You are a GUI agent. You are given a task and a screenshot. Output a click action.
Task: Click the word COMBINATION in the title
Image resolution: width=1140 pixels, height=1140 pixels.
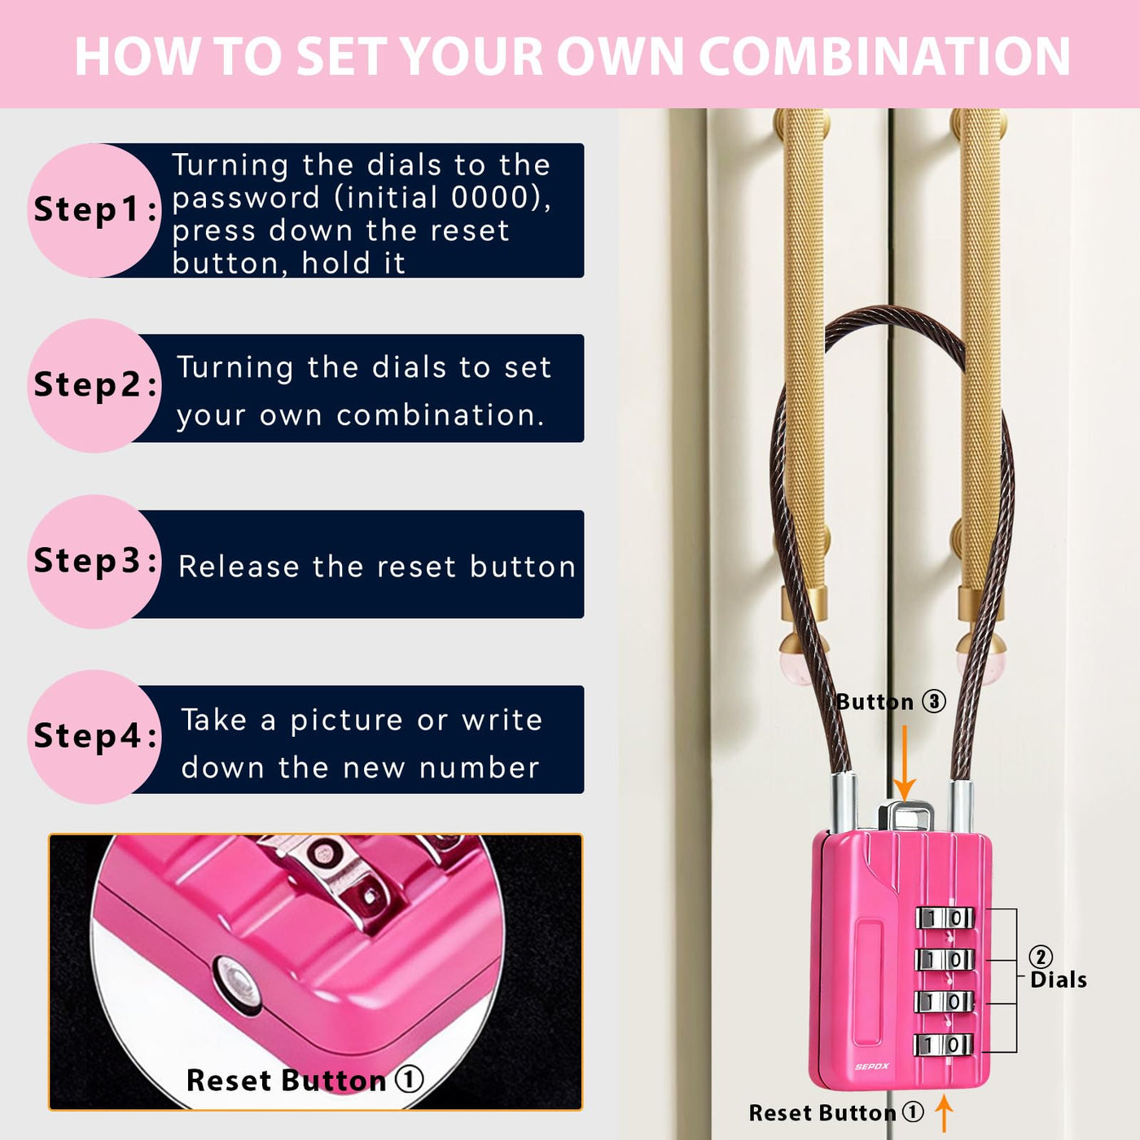click(884, 56)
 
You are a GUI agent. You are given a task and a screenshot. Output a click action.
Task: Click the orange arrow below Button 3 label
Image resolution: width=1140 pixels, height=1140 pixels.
click(905, 763)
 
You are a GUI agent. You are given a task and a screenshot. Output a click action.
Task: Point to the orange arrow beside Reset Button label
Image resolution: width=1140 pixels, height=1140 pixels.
click(945, 1113)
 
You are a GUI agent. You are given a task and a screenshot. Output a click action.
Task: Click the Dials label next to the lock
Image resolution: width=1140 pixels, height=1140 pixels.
click(1059, 980)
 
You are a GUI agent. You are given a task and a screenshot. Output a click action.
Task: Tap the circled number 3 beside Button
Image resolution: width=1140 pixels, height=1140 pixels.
click(934, 702)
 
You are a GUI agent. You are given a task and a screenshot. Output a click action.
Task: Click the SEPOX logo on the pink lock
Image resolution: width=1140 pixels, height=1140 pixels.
click(872, 1067)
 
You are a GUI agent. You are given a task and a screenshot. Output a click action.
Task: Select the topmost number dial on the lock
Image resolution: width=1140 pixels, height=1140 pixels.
click(945, 919)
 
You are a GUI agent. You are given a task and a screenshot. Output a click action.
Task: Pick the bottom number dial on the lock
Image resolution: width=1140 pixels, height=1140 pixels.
click(943, 1045)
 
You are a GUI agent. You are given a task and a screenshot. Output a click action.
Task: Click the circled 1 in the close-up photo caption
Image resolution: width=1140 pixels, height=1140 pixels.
click(409, 1078)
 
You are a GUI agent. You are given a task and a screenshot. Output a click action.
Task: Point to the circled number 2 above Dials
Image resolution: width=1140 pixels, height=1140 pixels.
click(1041, 957)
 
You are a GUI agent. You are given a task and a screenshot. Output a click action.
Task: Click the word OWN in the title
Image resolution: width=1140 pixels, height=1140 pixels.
click(620, 56)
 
